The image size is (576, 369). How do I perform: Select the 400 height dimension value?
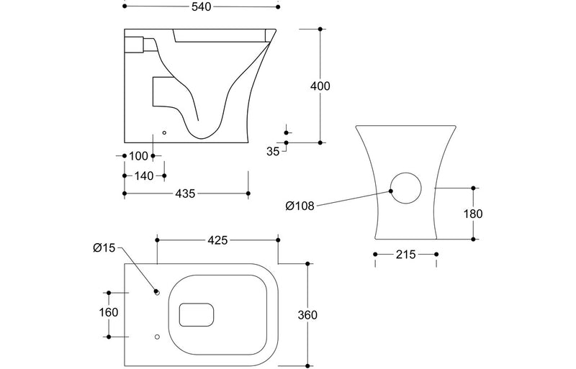tap(320, 86)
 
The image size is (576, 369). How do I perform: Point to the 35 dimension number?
tap(272, 151)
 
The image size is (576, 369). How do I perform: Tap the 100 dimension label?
tap(139, 156)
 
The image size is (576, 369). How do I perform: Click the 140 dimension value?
tap(143, 175)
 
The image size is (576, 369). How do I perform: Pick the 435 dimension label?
tap(186, 193)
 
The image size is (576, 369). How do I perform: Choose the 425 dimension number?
tap(217, 240)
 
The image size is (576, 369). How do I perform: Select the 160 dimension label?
tap(108, 314)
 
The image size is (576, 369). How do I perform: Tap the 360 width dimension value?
tap(307, 315)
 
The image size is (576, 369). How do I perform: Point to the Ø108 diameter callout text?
tap(299, 206)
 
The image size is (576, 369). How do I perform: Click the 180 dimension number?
tap(473, 214)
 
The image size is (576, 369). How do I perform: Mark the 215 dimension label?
tap(405, 255)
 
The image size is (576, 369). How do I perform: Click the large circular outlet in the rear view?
tap(407, 191)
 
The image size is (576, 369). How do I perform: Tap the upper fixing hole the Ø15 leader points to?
tap(156, 293)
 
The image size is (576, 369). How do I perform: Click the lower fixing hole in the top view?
tap(156, 337)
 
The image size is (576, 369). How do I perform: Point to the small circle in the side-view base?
tap(164, 132)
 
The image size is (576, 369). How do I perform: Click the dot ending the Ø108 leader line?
tap(391, 191)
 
